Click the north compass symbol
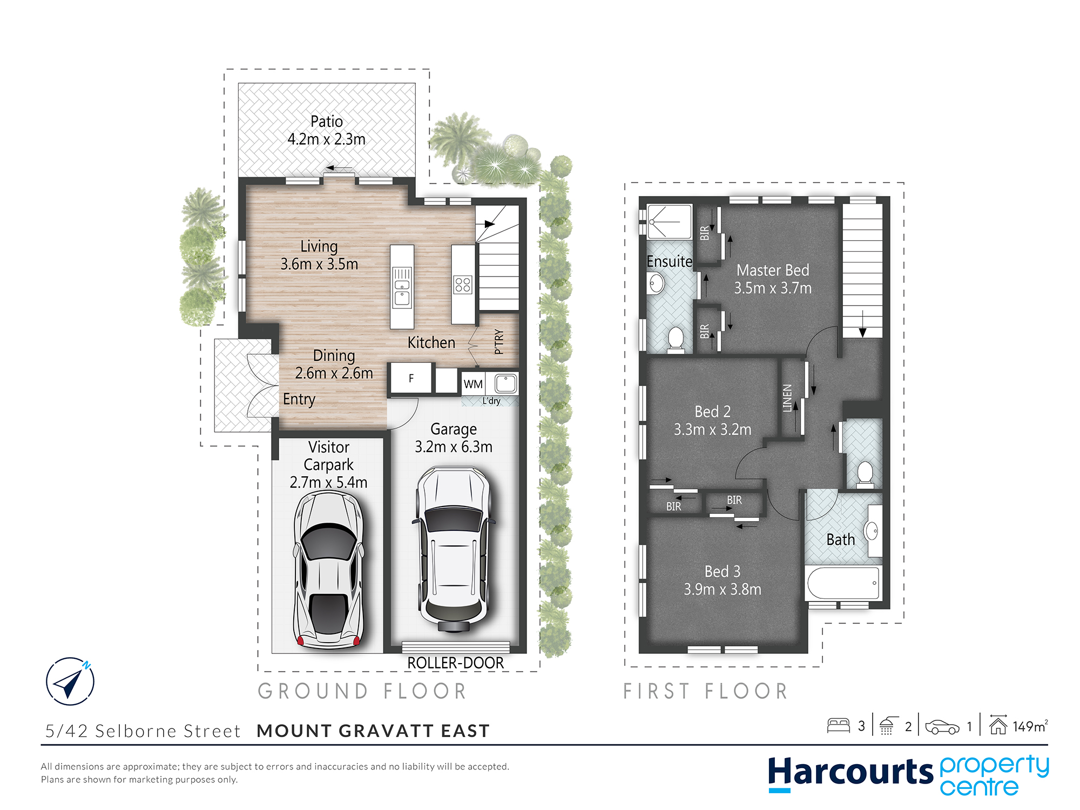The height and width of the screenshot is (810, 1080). click(x=70, y=681)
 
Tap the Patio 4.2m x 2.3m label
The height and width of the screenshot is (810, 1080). click(x=326, y=130)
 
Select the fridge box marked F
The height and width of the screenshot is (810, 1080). click(x=411, y=378)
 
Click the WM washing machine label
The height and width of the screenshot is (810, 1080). click(x=473, y=384)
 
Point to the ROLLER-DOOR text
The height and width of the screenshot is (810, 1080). click(x=455, y=663)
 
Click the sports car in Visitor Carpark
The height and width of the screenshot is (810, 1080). click(x=328, y=570)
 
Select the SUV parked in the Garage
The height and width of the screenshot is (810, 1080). click(x=454, y=548)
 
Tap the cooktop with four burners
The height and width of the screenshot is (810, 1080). click(x=463, y=285)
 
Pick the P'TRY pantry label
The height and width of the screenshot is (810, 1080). click(x=498, y=341)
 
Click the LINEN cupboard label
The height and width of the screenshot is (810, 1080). click(x=787, y=398)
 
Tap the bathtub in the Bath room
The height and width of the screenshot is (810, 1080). click(x=843, y=583)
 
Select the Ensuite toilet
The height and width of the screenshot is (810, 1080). click(x=676, y=339)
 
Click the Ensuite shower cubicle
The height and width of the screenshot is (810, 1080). click(x=670, y=221)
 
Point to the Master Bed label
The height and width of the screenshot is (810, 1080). click(x=773, y=270)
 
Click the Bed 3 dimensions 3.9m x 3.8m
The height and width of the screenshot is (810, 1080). click(x=723, y=589)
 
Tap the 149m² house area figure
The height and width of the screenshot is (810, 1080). click(x=1029, y=726)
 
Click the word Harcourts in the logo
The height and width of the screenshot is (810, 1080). click(x=850, y=772)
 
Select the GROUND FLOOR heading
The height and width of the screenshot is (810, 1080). click(x=362, y=691)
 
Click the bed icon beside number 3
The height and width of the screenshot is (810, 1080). click(x=838, y=725)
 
